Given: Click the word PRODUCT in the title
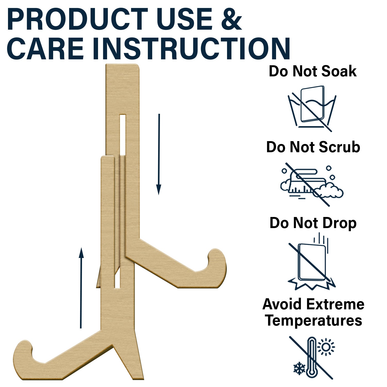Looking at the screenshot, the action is [x=77, y=19].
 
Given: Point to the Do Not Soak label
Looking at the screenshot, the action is [x=313, y=71].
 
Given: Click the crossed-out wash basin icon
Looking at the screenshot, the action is [x=312, y=109].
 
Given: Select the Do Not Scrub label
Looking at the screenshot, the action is [x=313, y=147].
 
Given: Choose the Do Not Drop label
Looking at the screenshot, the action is [x=313, y=223].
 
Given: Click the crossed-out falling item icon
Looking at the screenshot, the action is [x=312, y=261].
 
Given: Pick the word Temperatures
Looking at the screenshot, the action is [x=313, y=321].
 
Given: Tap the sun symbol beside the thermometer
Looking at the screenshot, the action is [x=326, y=347].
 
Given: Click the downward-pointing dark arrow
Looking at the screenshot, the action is [x=159, y=154].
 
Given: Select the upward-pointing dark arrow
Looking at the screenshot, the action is [x=81, y=288].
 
